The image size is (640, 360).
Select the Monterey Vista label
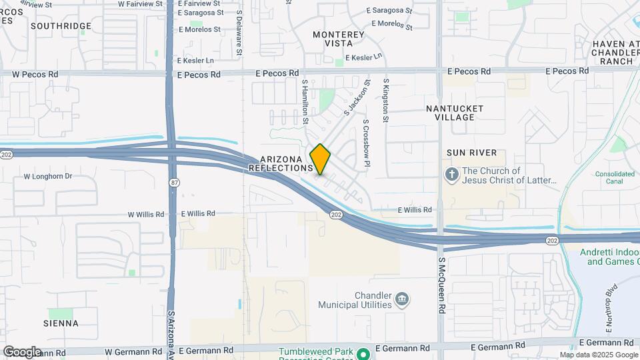[339, 39]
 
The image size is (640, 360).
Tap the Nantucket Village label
[454, 112]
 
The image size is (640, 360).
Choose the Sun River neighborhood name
[471, 153]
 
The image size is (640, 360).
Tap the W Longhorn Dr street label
[47, 177]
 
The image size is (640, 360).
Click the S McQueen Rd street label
[441, 287]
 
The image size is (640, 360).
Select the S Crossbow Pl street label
[366, 143]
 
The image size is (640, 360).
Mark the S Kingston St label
[385, 101]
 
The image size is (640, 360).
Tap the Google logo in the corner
[22, 352]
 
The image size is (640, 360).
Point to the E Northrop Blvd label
[607, 323]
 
